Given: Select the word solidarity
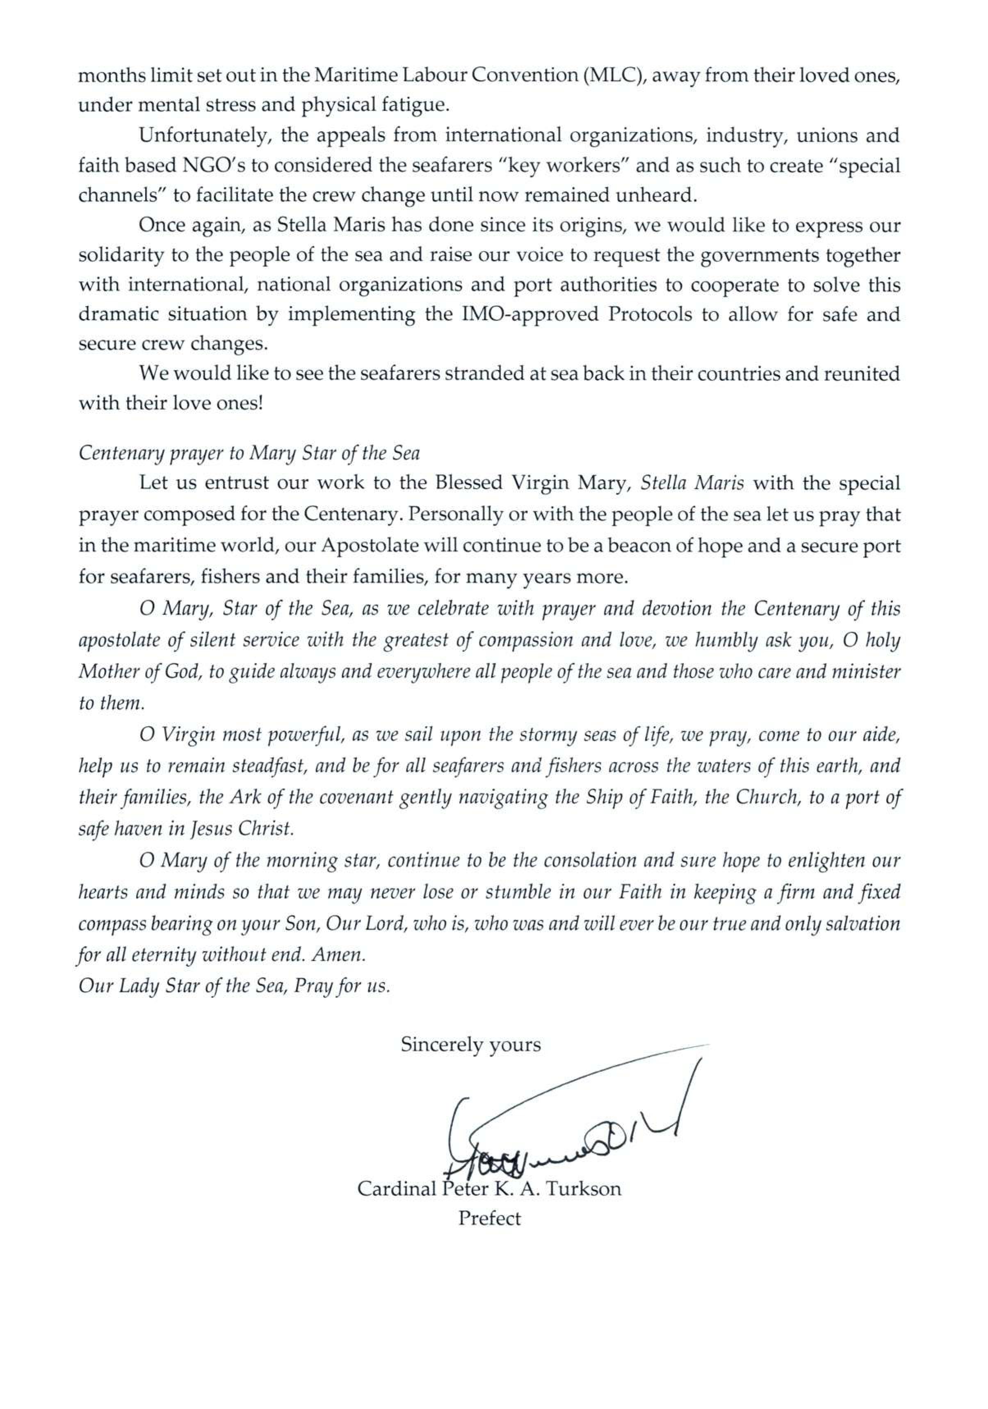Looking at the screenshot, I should [120, 255].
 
